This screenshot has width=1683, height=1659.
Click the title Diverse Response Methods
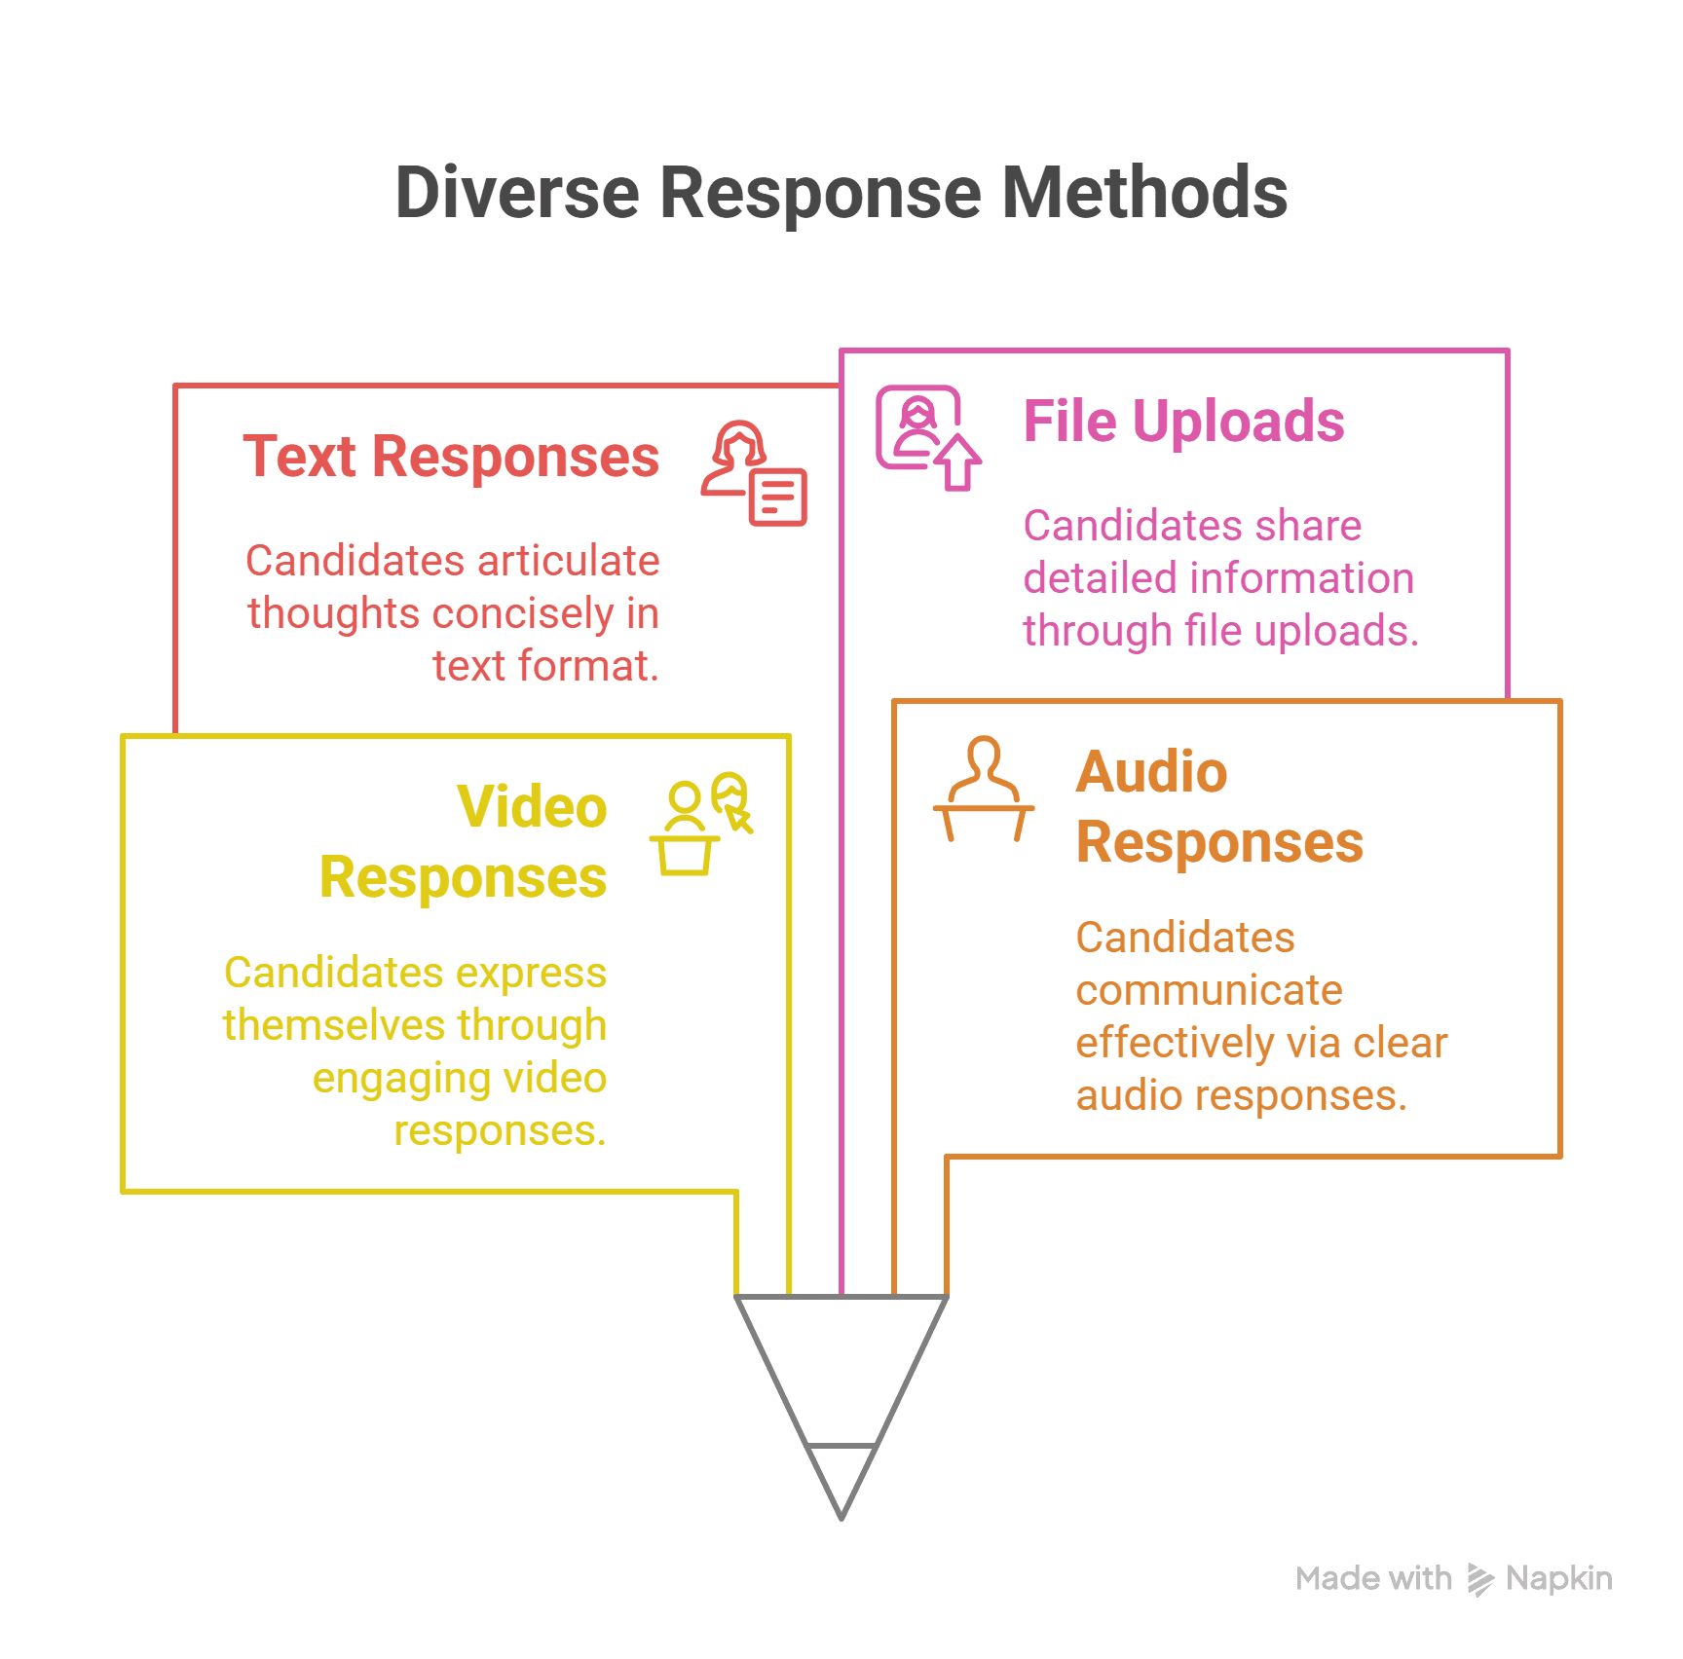click(x=841, y=192)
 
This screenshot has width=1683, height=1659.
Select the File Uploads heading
click(x=1183, y=421)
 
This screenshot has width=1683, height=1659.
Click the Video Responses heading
click(x=464, y=842)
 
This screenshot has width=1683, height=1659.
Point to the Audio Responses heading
click(x=1219, y=806)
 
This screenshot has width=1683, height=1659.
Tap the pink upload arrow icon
click(x=959, y=462)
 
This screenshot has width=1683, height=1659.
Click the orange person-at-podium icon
click(x=984, y=789)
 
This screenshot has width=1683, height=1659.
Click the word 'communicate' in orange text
click(x=1209, y=990)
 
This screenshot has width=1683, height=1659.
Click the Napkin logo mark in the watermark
click(x=1479, y=1579)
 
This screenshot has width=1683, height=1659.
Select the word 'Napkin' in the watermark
click(x=1558, y=1578)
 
